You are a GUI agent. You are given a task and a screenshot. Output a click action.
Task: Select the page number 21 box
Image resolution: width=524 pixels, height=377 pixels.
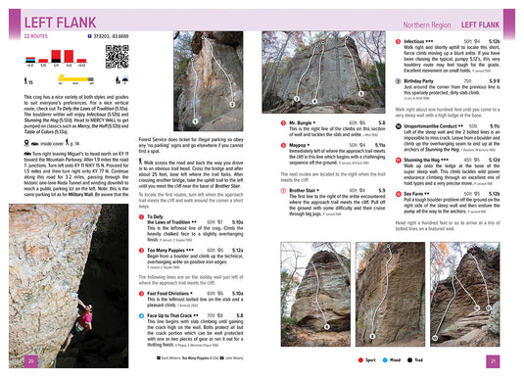click(x=494, y=361)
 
